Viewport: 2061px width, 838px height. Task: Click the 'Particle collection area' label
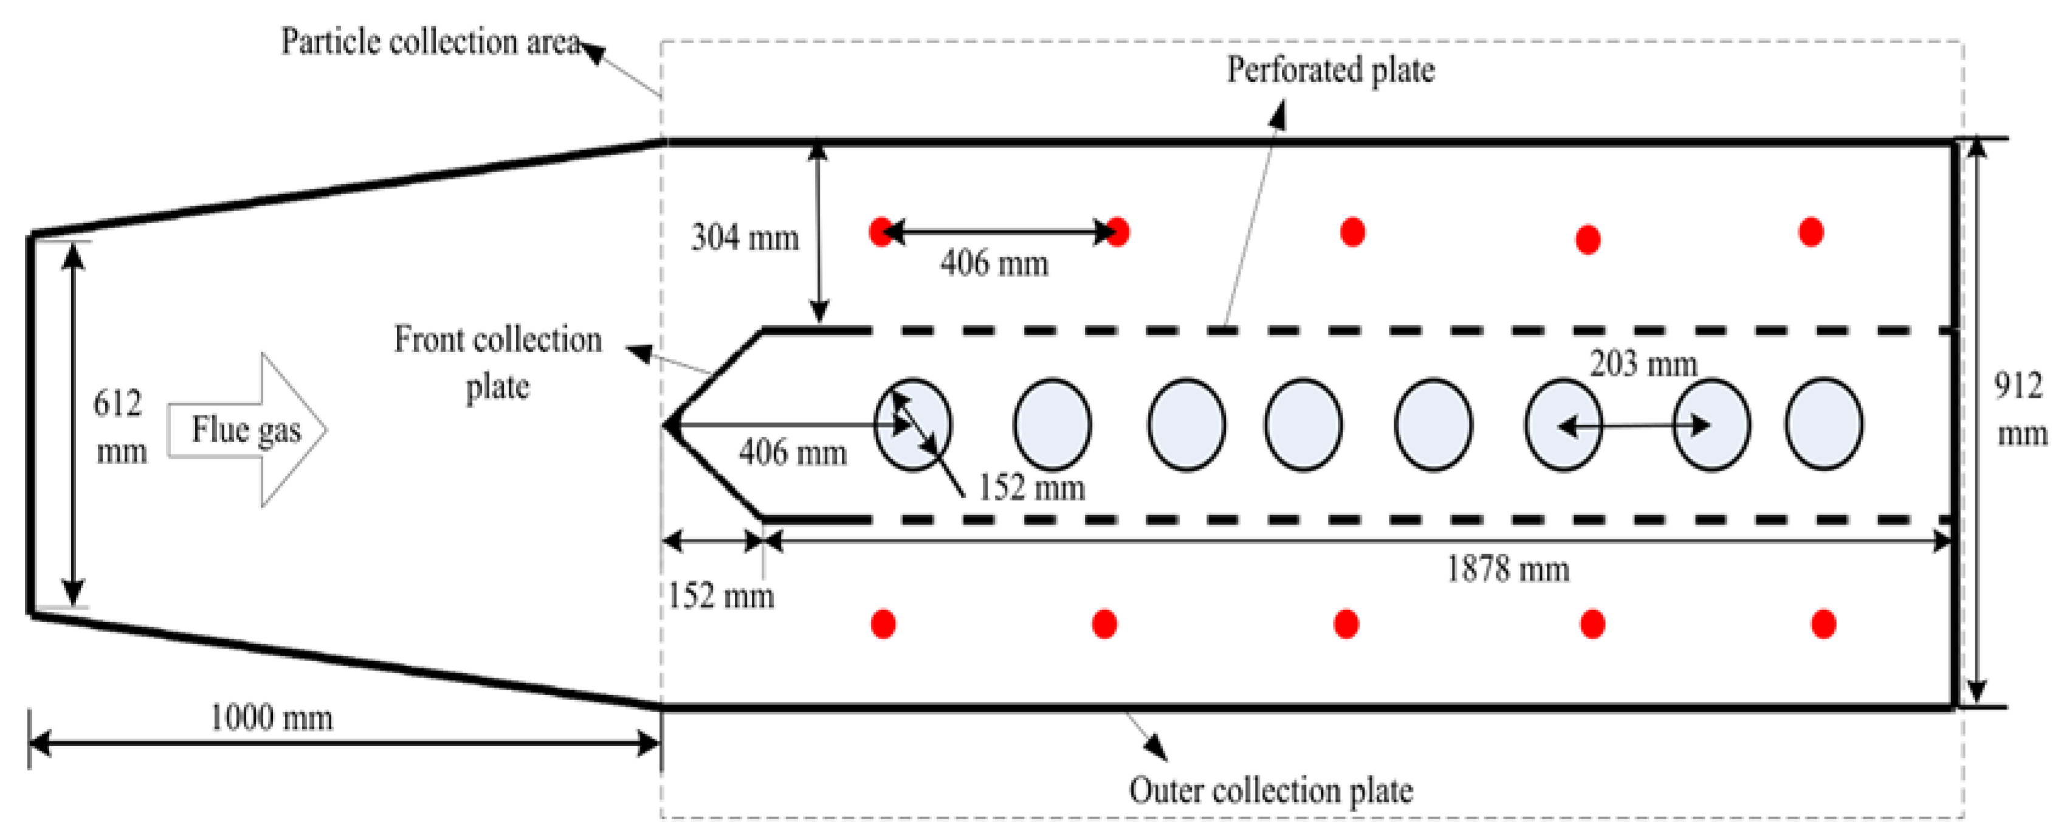(x=430, y=41)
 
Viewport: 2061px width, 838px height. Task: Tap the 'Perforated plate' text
(x=1330, y=70)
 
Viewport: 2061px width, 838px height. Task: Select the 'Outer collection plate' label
(x=1270, y=790)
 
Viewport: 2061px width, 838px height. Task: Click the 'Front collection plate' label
(x=498, y=362)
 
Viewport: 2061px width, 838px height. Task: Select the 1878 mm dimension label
(x=1507, y=569)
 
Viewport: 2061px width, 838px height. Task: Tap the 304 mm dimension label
(x=744, y=238)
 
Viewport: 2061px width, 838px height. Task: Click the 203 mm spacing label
(x=1643, y=364)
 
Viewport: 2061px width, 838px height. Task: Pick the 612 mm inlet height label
(x=120, y=427)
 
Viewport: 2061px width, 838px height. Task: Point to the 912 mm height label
(x=2020, y=410)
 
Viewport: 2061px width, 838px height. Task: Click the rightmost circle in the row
(x=1823, y=424)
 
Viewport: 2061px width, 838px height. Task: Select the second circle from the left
(x=1052, y=424)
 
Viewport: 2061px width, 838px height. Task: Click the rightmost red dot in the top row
(x=1811, y=232)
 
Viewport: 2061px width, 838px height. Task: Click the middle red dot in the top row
(x=1352, y=232)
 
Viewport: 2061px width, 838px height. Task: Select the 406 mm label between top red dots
(x=994, y=263)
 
